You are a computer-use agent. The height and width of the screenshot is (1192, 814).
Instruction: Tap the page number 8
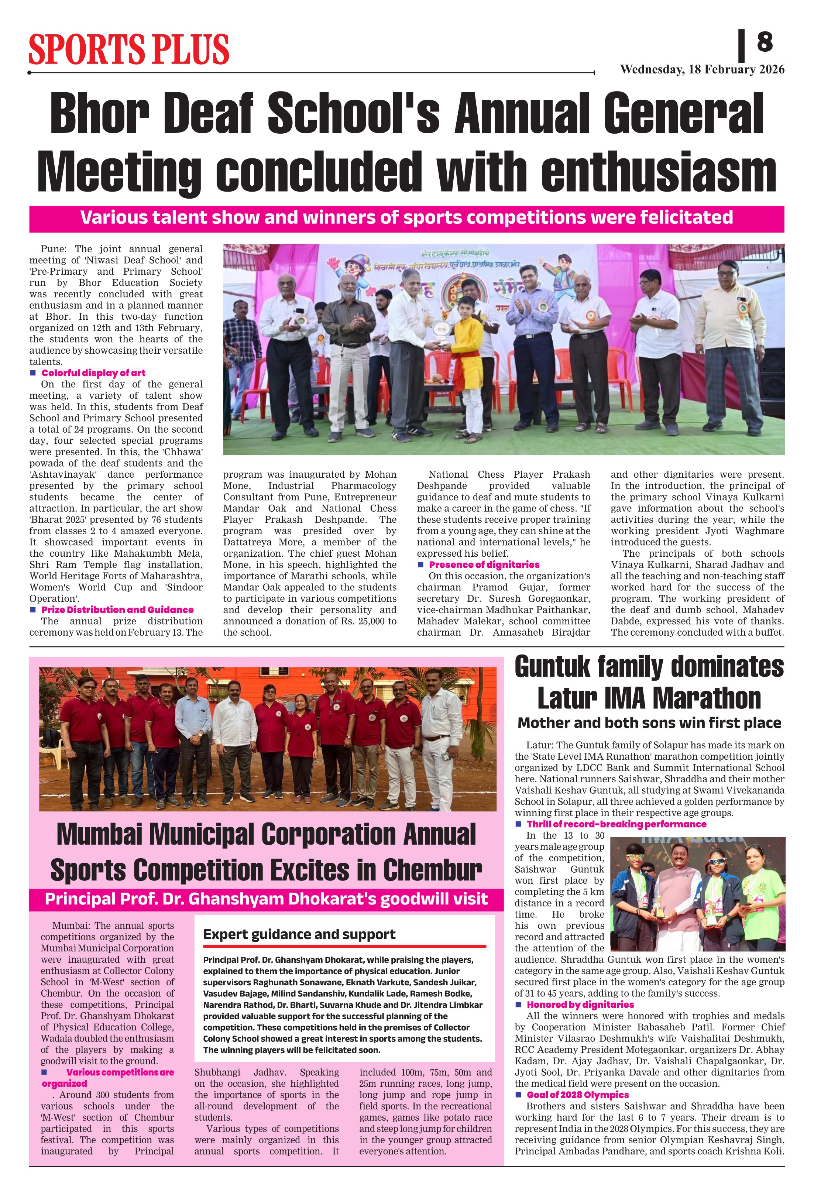coord(764,42)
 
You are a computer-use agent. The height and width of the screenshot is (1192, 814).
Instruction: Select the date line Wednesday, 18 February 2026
coord(702,70)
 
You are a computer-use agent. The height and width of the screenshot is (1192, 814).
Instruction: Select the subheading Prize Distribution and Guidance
coord(117,610)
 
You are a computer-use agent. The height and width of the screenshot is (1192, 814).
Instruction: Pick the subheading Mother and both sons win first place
coord(649,723)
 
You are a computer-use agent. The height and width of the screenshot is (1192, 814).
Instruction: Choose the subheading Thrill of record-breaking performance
coord(616,824)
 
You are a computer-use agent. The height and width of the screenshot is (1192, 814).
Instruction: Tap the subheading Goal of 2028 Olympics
coord(577,1095)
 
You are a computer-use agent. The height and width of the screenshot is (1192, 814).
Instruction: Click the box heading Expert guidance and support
coord(299,935)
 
